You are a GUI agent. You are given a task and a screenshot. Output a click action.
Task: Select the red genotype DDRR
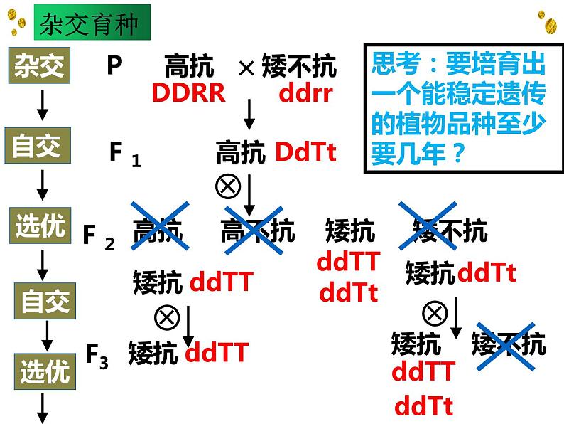click(188, 92)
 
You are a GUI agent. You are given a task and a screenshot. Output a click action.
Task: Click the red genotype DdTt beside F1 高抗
click(305, 152)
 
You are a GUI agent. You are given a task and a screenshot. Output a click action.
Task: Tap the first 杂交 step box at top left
click(40, 67)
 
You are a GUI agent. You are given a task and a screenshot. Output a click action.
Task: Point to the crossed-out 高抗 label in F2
click(158, 229)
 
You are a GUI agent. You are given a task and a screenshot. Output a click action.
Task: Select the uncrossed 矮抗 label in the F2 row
click(350, 230)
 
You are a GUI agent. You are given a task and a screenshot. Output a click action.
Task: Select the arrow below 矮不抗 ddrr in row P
click(249, 114)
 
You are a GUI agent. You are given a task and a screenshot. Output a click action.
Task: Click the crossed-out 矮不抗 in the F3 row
click(509, 345)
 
